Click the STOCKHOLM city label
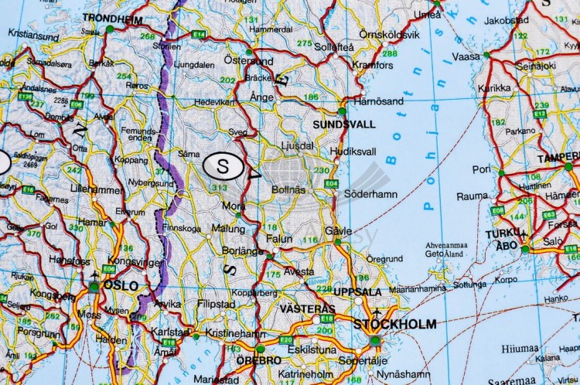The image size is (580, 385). [x=394, y=325]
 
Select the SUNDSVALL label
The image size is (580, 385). [x=344, y=124]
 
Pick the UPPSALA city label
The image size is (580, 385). [x=357, y=292]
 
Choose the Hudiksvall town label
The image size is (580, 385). [x=353, y=152]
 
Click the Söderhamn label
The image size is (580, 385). [x=370, y=193]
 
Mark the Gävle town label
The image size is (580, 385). [x=339, y=231]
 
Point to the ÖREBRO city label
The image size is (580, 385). [x=260, y=360]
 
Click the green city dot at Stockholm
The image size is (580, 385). [x=375, y=340]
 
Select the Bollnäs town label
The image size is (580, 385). [x=288, y=189]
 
